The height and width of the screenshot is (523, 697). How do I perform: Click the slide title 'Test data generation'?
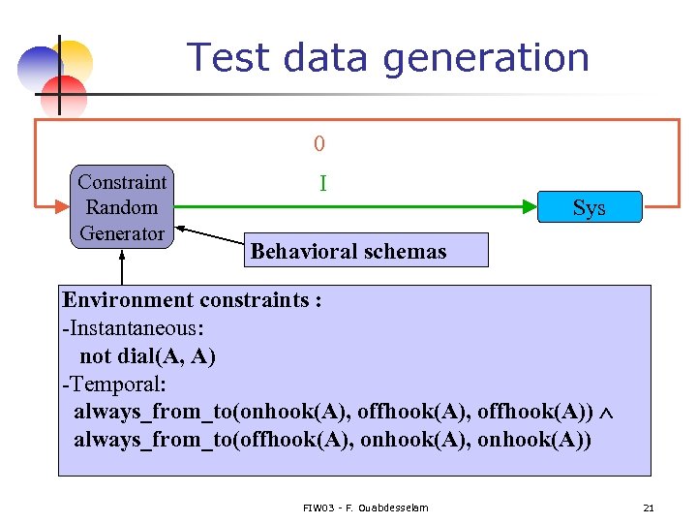[387, 57]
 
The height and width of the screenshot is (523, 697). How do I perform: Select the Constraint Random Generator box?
[122, 207]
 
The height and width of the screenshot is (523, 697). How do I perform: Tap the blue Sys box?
[589, 207]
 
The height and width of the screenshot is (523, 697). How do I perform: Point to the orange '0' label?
[319, 144]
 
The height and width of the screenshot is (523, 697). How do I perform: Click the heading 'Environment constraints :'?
[192, 299]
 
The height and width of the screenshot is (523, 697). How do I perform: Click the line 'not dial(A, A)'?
[147, 356]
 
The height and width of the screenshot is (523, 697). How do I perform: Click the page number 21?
[648, 508]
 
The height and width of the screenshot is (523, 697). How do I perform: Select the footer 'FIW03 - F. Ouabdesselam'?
[365, 508]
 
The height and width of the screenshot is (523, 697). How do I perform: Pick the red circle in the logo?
[65, 94]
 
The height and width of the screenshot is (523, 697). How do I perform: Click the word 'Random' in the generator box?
[122, 207]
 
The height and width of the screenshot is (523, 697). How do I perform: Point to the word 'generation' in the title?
[486, 59]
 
